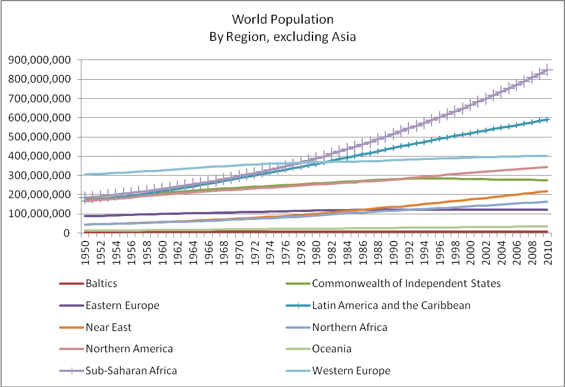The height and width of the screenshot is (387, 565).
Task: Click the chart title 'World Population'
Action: [282, 19]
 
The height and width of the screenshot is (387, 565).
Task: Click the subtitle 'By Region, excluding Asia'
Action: [282, 36]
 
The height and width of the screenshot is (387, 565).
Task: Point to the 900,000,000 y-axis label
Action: [43, 60]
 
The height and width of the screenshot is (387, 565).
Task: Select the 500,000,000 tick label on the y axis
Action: [43, 137]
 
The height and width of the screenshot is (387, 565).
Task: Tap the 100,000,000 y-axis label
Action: [43, 214]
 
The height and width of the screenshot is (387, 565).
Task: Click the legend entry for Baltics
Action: [101, 284]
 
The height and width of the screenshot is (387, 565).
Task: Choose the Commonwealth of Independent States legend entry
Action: [406, 284]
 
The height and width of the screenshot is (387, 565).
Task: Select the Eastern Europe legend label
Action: [122, 306]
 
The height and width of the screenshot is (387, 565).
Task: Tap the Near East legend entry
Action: [108, 328]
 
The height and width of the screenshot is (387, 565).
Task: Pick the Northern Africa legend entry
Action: [350, 328]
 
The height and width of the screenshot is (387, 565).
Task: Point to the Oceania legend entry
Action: [332, 349]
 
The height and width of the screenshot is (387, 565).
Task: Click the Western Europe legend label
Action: [351, 371]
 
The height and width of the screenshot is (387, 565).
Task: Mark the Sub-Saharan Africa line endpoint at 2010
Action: [547, 69]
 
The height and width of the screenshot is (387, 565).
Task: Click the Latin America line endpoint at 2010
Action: [547, 119]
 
